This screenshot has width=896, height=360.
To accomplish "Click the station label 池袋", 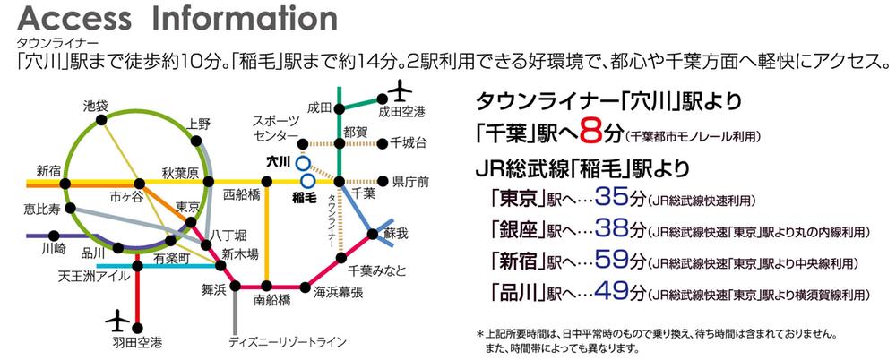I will click(95, 106).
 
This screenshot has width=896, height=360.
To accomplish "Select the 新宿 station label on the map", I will click(50, 169).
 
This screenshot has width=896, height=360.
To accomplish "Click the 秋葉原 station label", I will click(179, 171).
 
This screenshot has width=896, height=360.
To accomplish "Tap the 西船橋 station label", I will click(241, 193).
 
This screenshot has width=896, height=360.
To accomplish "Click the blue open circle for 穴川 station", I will click(303, 163).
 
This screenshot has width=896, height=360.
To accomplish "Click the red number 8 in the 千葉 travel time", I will click(588, 135).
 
